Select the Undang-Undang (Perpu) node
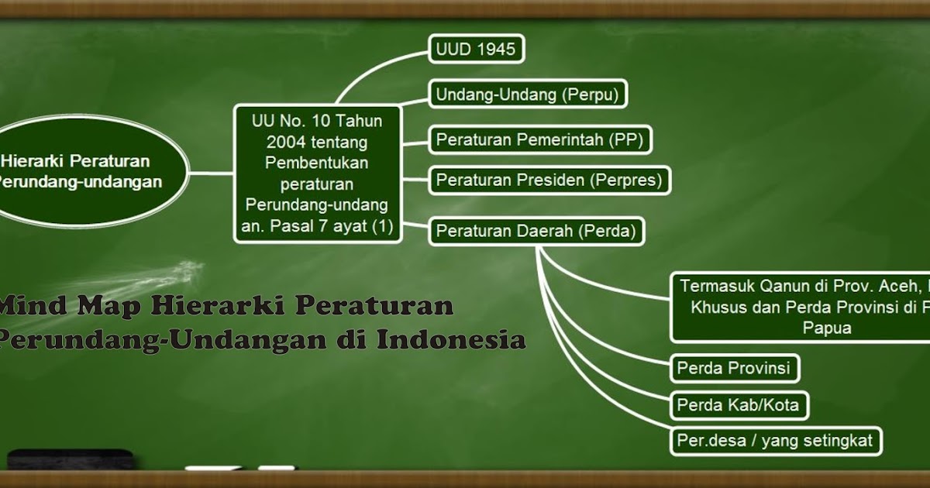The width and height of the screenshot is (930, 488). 529,95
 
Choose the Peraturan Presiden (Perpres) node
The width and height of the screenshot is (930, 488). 549,180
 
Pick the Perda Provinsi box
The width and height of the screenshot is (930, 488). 734,368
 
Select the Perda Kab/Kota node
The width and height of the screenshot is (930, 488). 738,404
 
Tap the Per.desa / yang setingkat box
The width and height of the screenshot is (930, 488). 775,442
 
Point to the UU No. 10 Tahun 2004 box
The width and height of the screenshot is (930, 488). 318,174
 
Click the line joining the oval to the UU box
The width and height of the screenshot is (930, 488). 212,173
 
